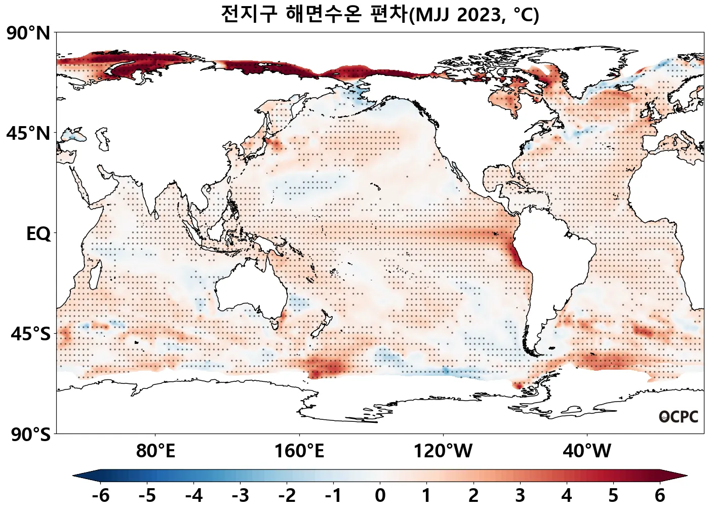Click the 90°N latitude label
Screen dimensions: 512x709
[28, 34]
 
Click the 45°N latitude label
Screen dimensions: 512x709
[28, 134]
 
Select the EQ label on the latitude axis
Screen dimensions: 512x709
[38, 234]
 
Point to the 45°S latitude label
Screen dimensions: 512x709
[30, 334]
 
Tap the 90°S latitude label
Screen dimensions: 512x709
[30, 435]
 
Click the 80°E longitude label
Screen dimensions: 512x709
[155, 451]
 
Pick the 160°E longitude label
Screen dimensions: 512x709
[299, 451]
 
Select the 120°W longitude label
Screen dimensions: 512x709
[443, 451]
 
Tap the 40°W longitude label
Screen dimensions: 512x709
[587, 451]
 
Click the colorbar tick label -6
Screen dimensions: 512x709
[100, 495]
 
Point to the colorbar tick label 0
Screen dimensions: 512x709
[380, 495]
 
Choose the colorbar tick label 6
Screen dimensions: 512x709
[659, 495]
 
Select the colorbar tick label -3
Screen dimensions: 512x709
[240, 495]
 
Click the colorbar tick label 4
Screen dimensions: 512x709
[566, 495]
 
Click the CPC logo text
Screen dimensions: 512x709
[679, 417]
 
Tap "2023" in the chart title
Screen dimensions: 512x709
[480, 15]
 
